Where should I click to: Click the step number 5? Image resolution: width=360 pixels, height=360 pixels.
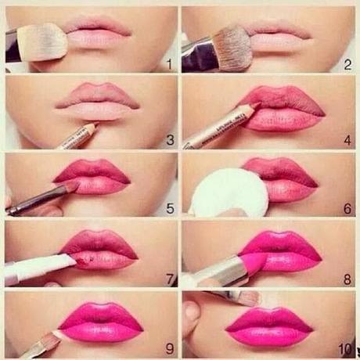(169, 210)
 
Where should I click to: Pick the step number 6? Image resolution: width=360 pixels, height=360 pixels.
(347, 210)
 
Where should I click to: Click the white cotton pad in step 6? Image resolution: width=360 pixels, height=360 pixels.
(229, 192)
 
